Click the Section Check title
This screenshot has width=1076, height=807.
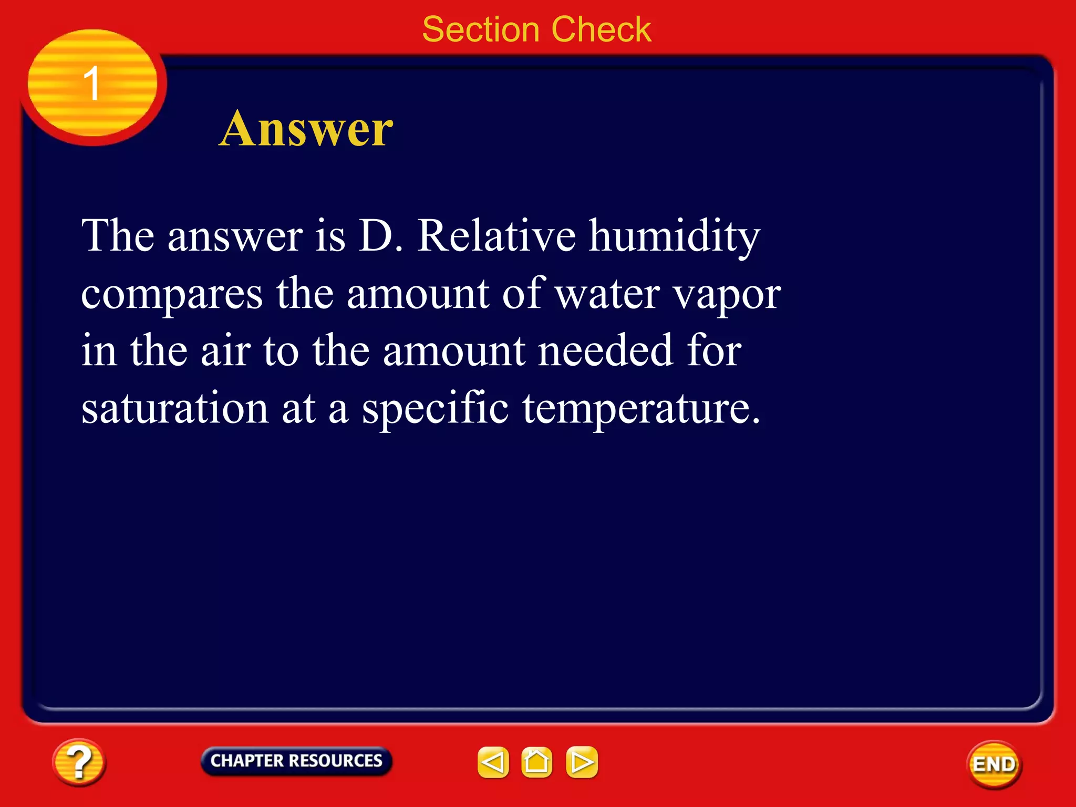(x=536, y=29)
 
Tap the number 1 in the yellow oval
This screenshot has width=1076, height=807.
(x=92, y=83)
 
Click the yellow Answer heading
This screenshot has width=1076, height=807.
(x=306, y=129)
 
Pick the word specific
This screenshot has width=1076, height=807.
(x=435, y=409)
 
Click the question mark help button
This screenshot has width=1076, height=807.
(x=79, y=762)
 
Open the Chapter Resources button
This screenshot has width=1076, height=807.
(x=296, y=761)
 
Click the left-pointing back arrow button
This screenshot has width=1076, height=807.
(x=493, y=762)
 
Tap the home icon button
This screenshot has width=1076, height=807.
(x=536, y=762)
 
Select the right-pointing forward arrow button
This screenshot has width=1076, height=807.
(x=582, y=762)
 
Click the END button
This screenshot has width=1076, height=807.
(x=994, y=764)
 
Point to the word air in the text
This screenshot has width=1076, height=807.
(x=225, y=351)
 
